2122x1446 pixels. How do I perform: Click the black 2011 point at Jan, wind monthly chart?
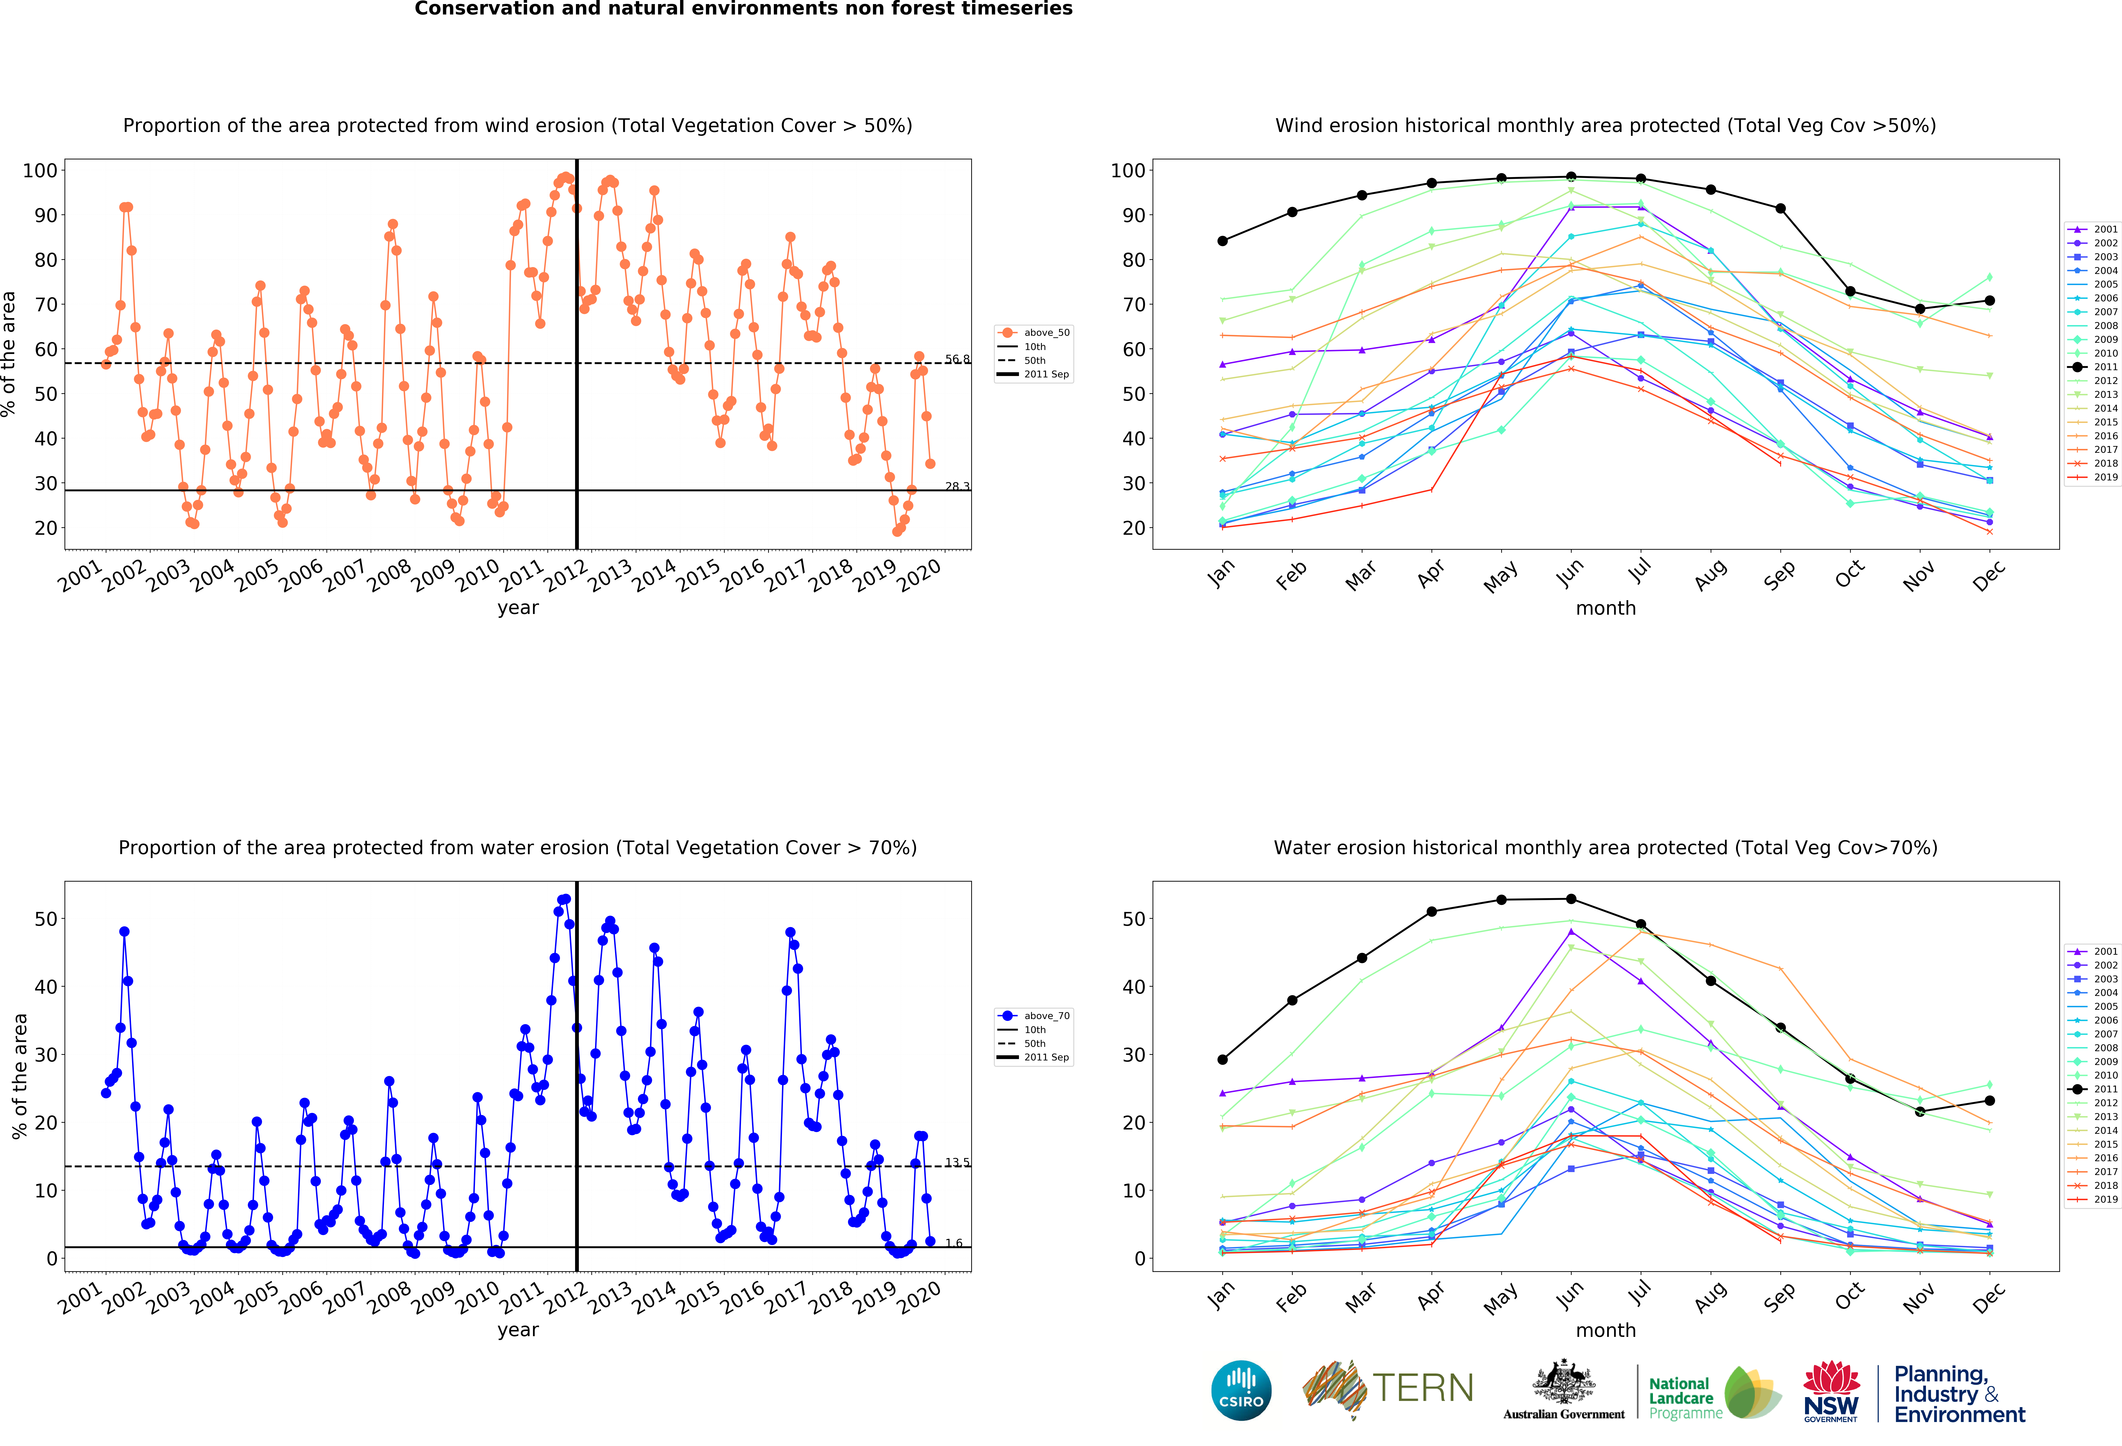1223,241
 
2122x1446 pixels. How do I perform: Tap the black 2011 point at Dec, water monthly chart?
1990,1101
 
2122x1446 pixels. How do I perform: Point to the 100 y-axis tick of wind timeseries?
40,171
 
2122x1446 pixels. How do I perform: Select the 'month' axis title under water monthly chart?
1605,1330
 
